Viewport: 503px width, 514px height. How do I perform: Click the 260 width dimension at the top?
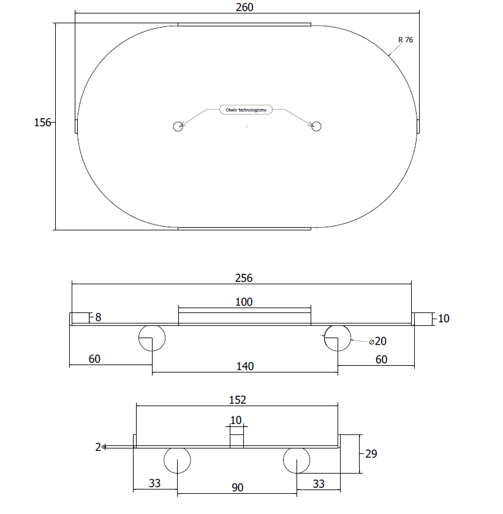coord(244,7)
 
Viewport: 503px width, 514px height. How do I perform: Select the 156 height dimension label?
coord(42,123)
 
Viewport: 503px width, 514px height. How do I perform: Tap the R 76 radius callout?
coord(406,40)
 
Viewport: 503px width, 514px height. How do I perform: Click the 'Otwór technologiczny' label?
coord(246,110)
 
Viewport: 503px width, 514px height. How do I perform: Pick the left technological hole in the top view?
coord(178,126)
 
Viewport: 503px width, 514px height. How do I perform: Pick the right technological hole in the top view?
coord(316,126)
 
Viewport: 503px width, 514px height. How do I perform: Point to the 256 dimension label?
coord(244,278)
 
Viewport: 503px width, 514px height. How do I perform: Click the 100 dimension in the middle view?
coord(244,302)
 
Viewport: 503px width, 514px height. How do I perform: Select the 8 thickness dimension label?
coord(99,317)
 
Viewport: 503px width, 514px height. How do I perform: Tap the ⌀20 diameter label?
coord(378,341)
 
